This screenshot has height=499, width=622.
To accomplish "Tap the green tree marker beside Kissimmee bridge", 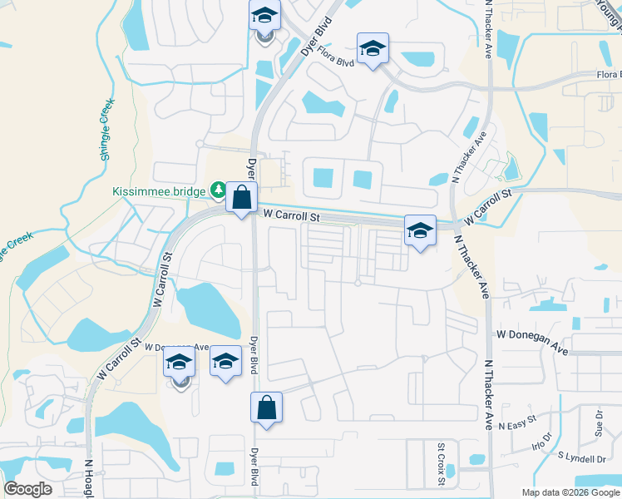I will [218, 190].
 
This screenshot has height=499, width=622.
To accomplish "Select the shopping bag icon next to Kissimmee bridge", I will [241, 199].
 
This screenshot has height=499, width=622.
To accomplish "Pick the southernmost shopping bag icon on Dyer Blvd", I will [266, 408].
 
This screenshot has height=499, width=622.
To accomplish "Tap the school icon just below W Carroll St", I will [420, 230].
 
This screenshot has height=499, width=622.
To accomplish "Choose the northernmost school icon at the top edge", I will [264, 16].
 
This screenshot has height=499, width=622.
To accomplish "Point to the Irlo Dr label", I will [541, 441].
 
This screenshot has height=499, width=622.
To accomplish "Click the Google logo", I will [27, 490].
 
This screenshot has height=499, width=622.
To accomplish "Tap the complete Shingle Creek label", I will [106, 130].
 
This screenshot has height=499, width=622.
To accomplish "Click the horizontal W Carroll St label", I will [291, 215].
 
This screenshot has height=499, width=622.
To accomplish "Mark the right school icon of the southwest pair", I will [225, 362].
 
